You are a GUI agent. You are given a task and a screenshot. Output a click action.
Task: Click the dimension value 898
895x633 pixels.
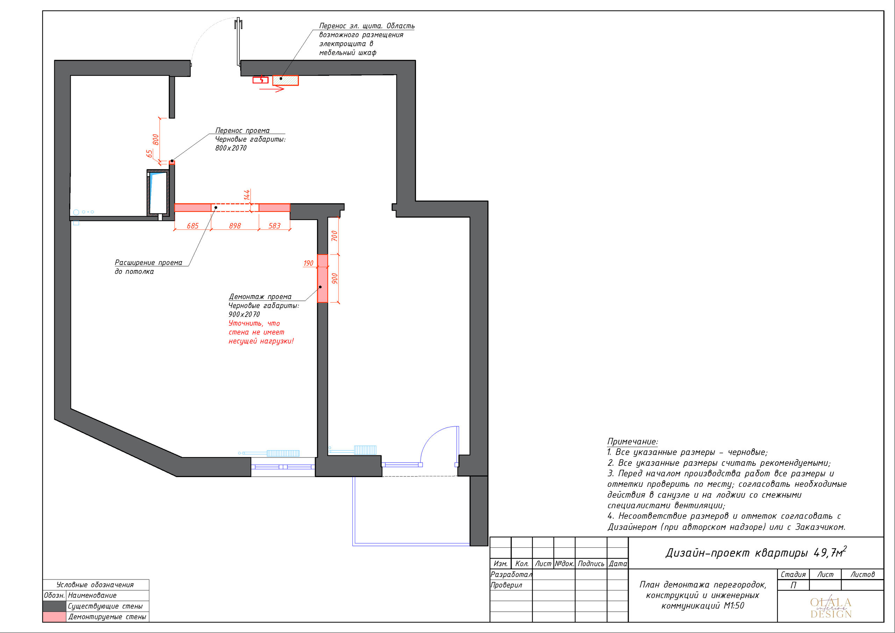(x=235, y=226)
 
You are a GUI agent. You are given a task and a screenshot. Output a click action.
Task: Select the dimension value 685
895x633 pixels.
(x=193, y=226)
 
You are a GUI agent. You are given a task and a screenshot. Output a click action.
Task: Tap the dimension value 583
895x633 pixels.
(x=274, y=226)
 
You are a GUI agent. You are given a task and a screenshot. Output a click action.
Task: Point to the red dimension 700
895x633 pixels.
(x=335, y=236)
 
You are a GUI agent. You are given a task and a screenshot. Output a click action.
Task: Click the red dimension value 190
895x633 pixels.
(x=308, y=263)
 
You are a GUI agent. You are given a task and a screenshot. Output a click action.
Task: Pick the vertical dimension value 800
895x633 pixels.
(x=156, y=140)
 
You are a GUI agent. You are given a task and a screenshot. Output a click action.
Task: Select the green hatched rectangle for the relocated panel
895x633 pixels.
(x=285, y=80)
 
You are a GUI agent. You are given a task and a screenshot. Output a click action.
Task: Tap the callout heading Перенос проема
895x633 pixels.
(x=242, y=130)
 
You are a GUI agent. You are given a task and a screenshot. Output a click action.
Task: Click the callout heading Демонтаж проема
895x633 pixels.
(x=260, y=297)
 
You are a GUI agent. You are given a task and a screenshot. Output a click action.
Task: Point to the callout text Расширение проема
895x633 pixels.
(x=149, y=263)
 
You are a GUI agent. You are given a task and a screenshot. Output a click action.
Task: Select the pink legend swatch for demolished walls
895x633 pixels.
(x=54, y=617)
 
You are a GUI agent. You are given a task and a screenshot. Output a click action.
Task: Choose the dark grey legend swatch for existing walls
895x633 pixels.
(x=54, y=606)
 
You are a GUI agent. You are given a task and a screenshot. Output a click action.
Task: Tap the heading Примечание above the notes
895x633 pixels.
(x=632, y=441)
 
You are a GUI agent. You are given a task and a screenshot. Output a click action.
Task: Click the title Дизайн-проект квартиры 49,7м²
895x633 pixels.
(x=756, y=553)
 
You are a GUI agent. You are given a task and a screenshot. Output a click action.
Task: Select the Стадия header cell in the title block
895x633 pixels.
(x=793, y=574)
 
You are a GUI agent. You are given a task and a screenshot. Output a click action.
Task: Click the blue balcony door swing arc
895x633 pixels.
(x=431, y=436)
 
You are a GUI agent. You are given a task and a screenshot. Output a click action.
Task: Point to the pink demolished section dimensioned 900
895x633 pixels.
(x=322, y=284)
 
